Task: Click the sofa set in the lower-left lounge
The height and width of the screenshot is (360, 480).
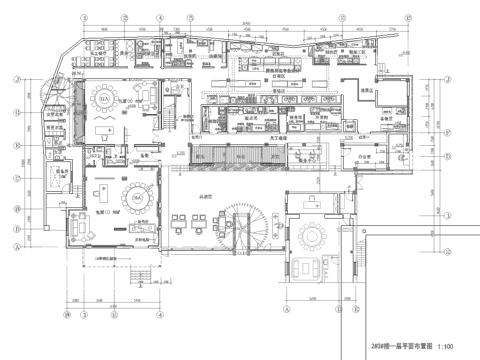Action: click(x=77, y=221)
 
